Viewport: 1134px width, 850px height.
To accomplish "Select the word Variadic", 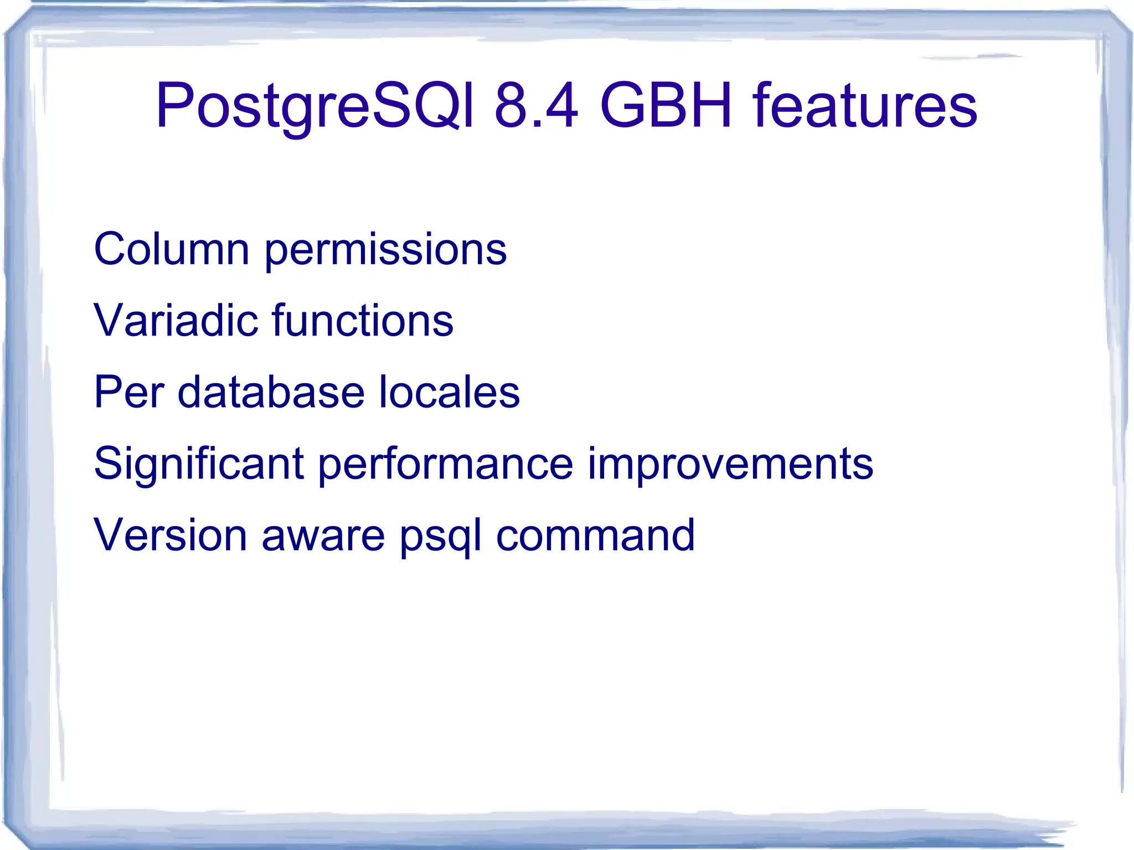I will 176,321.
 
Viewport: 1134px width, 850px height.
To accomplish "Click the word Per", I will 128,392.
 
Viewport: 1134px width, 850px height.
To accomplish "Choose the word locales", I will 449,392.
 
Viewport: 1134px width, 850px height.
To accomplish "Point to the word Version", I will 170,535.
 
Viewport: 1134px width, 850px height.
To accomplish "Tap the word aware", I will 323,536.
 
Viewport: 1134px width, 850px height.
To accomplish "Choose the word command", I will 595,535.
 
